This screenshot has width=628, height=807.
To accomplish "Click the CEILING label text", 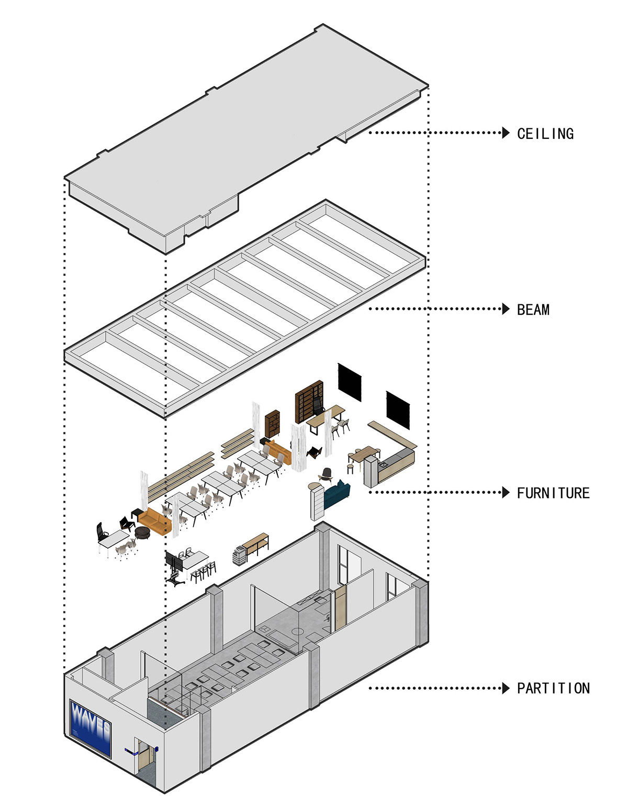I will point(545,134).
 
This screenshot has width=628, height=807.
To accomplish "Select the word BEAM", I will point(533,309).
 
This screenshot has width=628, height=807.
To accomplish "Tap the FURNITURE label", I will point(553,493).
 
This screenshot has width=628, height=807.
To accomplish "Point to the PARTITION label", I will point(553,688).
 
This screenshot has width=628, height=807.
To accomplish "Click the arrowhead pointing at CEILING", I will point(506,132).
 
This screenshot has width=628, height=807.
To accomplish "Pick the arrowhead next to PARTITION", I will point(506,688).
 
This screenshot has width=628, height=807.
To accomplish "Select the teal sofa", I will point(337,494).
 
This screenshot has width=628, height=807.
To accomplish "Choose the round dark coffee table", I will point(143,533).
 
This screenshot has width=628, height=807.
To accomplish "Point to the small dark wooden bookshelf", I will point(273,423).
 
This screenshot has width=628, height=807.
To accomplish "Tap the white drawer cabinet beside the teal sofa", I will point(317,501).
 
